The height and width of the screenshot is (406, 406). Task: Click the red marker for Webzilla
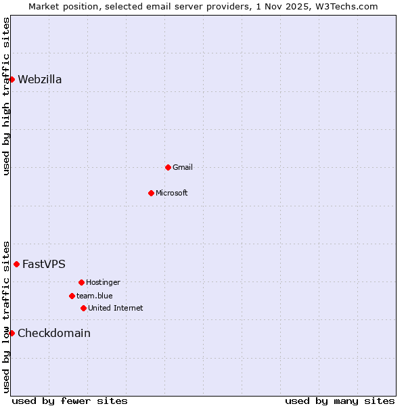(12, 79)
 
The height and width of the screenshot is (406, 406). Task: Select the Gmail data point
(168, 167)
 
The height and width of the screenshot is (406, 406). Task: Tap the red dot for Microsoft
(151, 193)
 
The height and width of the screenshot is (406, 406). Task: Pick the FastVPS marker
(16, 264)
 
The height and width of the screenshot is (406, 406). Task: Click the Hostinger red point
(81, 282)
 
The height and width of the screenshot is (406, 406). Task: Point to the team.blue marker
(72, 296)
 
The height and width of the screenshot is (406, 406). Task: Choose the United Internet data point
(83, 308)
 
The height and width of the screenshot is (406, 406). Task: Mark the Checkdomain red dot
(12, 333)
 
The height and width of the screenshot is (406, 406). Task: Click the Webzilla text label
(40, 80)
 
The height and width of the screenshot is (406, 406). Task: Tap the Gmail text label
(183, 167)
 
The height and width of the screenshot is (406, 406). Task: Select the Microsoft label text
(172, 193)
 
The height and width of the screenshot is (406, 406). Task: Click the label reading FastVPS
(44, 265)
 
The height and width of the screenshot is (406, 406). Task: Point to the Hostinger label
(103, 282)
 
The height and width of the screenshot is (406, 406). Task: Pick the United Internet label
(115, 308)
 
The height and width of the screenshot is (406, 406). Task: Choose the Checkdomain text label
(54, 334)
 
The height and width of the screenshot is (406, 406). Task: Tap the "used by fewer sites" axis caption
(70, 401)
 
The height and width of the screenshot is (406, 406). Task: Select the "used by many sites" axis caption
(340, 401)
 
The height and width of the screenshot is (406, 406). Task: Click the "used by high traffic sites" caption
(6, 96)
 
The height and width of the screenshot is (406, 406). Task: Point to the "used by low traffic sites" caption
(6, 317)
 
